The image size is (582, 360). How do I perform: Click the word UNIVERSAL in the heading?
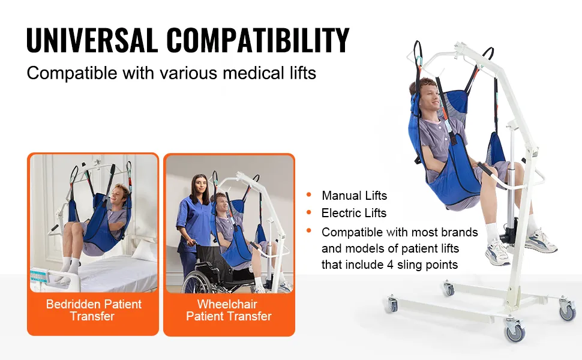point(92,40)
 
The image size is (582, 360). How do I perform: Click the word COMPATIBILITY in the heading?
point(257,40)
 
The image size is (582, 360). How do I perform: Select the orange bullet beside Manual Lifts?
point(309,194)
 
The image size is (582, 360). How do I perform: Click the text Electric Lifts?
point(354,213)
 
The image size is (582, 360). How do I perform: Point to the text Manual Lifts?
point(354,196)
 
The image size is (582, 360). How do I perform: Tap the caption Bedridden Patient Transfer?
point(94,310)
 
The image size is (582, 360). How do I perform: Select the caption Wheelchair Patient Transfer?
point(229,310)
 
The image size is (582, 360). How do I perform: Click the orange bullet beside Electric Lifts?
point(309,212)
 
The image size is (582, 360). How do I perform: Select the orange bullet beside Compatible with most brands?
point(309,231)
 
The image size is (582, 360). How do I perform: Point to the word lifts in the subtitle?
point(303,73)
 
